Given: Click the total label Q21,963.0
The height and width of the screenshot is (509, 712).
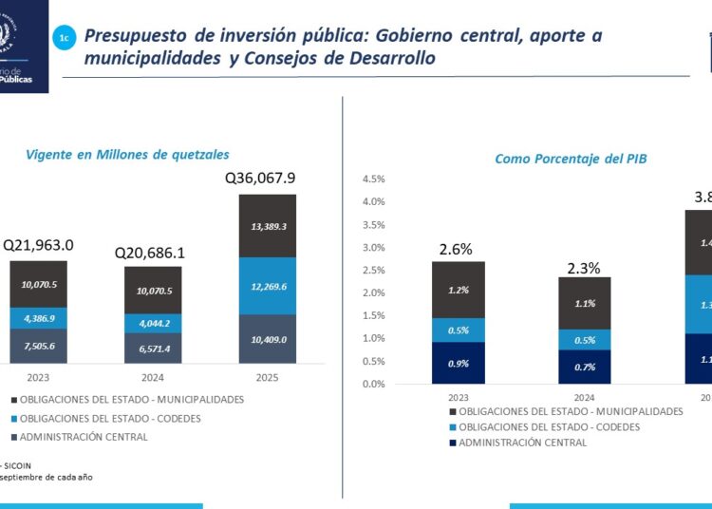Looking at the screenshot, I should click(38, 245).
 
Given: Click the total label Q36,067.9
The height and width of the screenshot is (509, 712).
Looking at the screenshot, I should click(260, 178).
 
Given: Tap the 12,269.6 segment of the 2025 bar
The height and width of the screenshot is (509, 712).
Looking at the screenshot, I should click(267, 286).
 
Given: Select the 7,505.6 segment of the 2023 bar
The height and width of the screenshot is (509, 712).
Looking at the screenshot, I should click(39, 346).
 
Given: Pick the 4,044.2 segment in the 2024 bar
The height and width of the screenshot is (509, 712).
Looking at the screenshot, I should click(153, 323).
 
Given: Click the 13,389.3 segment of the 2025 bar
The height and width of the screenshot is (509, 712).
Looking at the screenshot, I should click(267, 226).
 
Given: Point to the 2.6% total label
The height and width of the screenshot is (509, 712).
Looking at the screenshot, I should click(456, 250).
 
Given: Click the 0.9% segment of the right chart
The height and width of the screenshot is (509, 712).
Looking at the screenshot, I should click(459, 363).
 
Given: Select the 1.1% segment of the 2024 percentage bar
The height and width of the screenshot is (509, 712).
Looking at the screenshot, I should click(585, 304).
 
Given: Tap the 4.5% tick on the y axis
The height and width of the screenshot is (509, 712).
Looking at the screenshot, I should click(372, 179).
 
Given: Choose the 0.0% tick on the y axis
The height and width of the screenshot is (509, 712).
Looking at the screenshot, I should click(372, 384).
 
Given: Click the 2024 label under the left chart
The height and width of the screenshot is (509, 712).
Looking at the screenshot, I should click(153, 376).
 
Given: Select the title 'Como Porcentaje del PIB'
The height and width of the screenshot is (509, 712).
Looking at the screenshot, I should click(571, 159).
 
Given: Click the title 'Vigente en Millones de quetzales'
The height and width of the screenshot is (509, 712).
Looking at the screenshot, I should click(128, 154).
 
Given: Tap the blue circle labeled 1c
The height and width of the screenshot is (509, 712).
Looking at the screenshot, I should click(64, 38).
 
